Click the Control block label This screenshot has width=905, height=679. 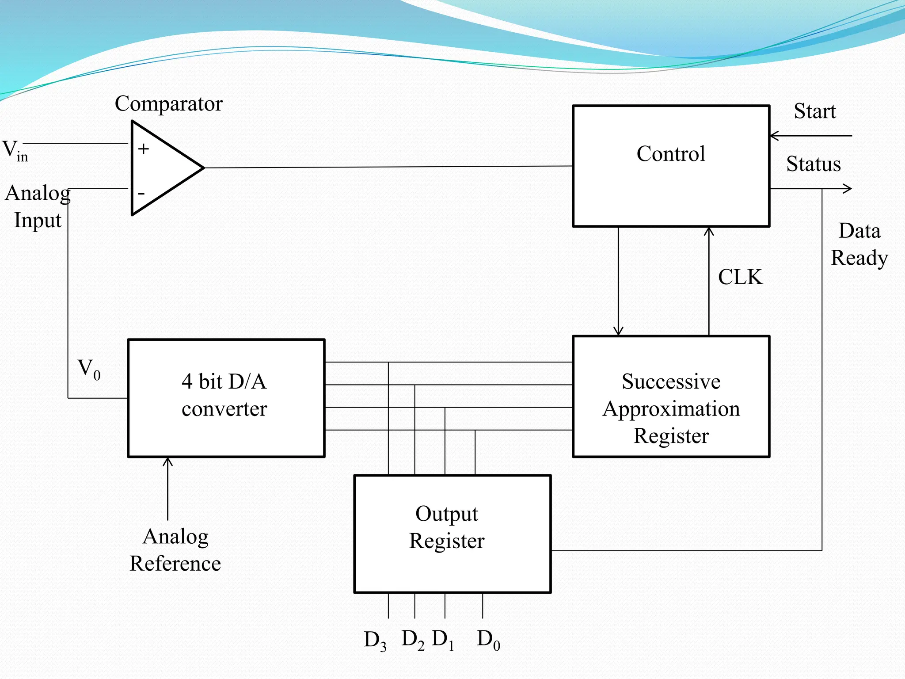pyautogui.click(x=670, y=154)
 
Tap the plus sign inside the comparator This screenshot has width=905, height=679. pyautogui.click(x=143, y=149)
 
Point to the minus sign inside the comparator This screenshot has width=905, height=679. pyautogui.click(x=141, y=193)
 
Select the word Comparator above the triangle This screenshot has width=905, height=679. pyautogui.click(x=168, y=103)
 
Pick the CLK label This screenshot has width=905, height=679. pyautogui.click(x=740, y=277)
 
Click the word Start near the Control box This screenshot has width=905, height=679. pyautogui.click(x=814, y=111)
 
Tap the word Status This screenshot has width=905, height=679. pyautogui.click(x=813, y=164)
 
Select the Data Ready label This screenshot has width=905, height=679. pyautogui.click(x=859, y=244)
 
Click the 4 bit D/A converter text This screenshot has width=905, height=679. pyautogui.click(x=224, y=395)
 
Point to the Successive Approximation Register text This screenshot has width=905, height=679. pyautogui.click(x=671, y=408)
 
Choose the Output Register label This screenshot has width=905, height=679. pyautogui.click(x=447, y=527)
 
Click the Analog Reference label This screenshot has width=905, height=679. pyautogui.click(x=175, y=549)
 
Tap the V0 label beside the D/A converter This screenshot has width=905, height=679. pyautogui.click(x=89, y=369)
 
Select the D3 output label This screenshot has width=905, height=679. pyautogui.click(x=375, y=640)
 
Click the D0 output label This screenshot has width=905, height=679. pyautogui.click(x=488, y=639)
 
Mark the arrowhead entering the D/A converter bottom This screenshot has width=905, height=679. pyautogui.click(x=167, y=462)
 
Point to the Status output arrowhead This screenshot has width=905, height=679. pyautogui.click(x=847, y=189)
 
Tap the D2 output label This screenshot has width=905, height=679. pyautogui.click(x=413, y=639)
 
